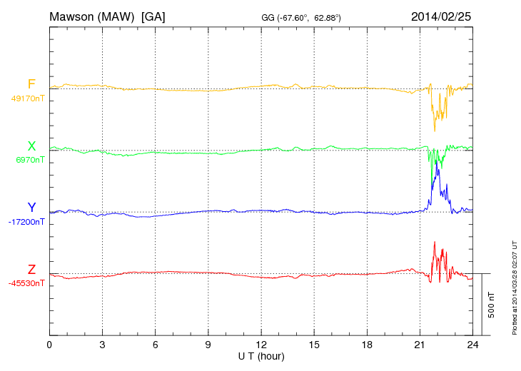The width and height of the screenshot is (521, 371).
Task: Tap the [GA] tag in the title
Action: (153, 16)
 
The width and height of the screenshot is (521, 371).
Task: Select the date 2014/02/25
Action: (440, 16)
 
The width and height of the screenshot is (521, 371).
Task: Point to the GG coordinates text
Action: (301, 17)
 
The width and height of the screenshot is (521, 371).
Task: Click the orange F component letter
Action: (31, 85)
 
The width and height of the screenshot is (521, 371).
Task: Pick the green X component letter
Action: (31, 146)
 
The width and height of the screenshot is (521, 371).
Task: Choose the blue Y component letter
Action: (31, 208)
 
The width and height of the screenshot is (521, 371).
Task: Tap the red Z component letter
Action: (31, 270)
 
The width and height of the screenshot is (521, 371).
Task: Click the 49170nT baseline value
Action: (28, 98)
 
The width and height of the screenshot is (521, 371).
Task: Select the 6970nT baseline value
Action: (30, 160)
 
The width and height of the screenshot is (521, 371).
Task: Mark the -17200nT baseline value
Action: (27, 222)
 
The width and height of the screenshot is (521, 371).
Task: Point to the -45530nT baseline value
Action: (27, 283)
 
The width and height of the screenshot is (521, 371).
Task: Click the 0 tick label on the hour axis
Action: (49, 345)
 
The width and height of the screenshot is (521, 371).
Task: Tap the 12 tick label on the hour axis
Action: (261, 345)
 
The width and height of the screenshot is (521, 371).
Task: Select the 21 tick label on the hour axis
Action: (420, 345)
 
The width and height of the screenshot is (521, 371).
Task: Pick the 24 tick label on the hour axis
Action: (472, 345)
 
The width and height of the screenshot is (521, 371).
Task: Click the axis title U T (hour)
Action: (261, 355)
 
